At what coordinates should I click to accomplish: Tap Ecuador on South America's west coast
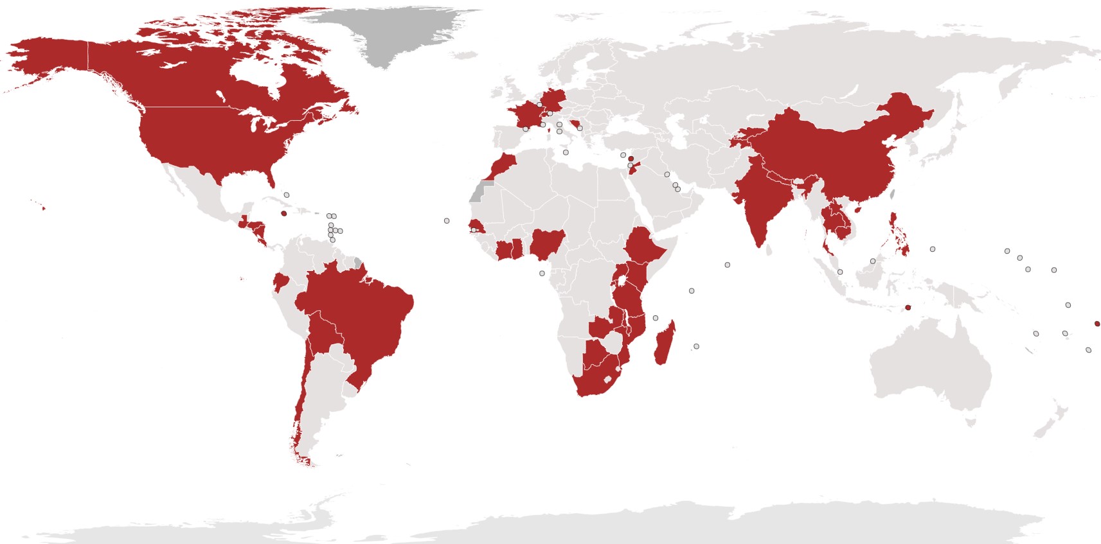pos(280,283)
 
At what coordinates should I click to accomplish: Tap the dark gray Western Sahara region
pos(479,191)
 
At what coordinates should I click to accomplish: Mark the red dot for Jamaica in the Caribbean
pos(284,214)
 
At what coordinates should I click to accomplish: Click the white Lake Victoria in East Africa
pos(622,281)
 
